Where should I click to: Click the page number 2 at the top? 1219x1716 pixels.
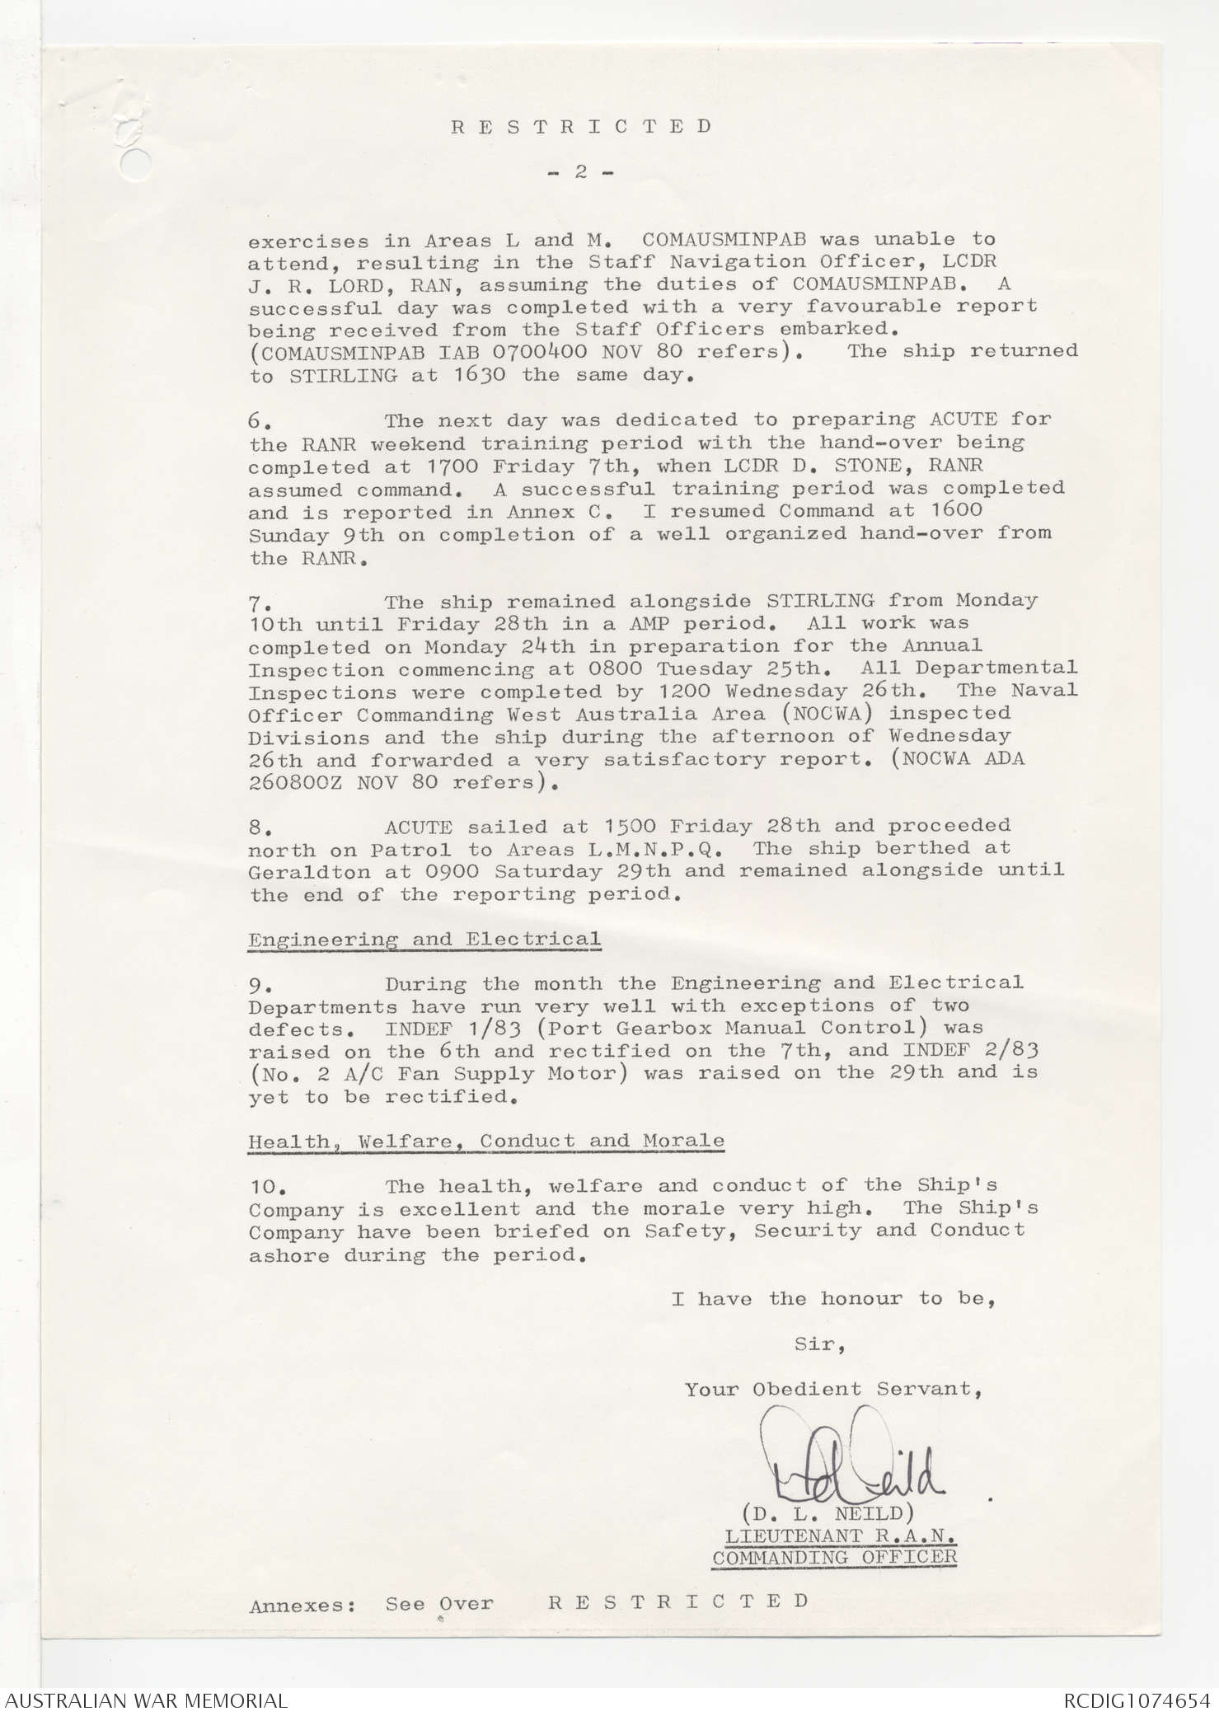tap(580, 172)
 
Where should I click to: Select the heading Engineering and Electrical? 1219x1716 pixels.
tap(424, 940)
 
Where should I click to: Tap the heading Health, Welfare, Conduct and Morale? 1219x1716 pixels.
tap(486, 1142)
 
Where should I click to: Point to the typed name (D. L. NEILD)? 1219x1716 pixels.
tap(827, 1514)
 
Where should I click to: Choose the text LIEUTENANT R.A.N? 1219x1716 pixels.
tap(840, 1536)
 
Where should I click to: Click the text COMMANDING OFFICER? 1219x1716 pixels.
tap(834, 1558)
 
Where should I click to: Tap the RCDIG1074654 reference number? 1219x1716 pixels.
tap(1137, 1700)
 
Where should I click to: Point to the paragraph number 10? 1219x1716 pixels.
tap(267, 1188)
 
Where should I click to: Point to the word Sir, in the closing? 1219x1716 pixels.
tap(819, 1344)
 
